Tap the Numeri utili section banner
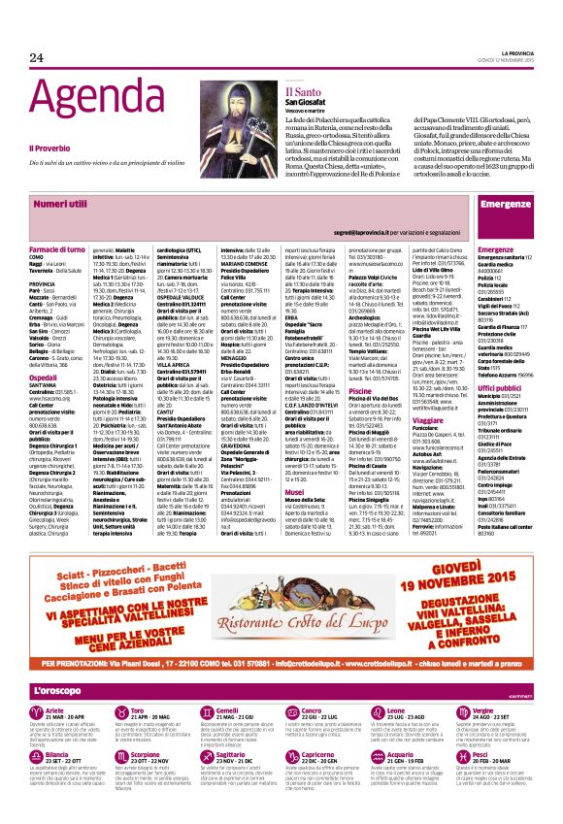tap(60, 206)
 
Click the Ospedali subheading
tap(44, 351)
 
